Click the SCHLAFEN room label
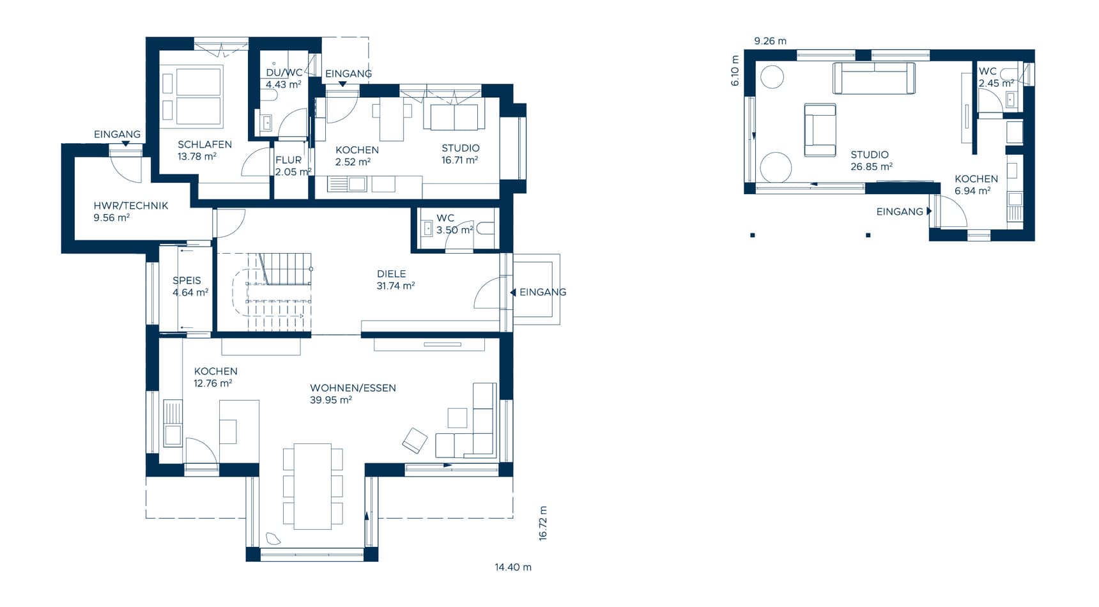[x=204, y=144]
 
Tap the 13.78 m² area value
[x=197, y=157]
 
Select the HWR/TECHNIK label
[x=131, y=206]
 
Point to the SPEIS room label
[x=187, y=280]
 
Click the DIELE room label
[x=392, y=274]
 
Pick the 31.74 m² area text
[x=396, y=286]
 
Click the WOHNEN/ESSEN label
[x=353, y=388]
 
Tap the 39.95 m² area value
[x=331, y=400]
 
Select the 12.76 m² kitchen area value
[x=213, y=383]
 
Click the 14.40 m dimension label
[x=513, y=567]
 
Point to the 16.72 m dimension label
[x=543, y=524]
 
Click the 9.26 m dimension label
[x=771, y=41]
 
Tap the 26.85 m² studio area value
[x=872, y=167]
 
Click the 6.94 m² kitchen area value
[x=972, y=191]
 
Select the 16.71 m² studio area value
[x=460, y=160]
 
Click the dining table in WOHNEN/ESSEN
[x=312, y=486]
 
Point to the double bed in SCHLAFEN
[x=199, y=96]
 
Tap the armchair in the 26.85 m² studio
[x=820, y=130]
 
